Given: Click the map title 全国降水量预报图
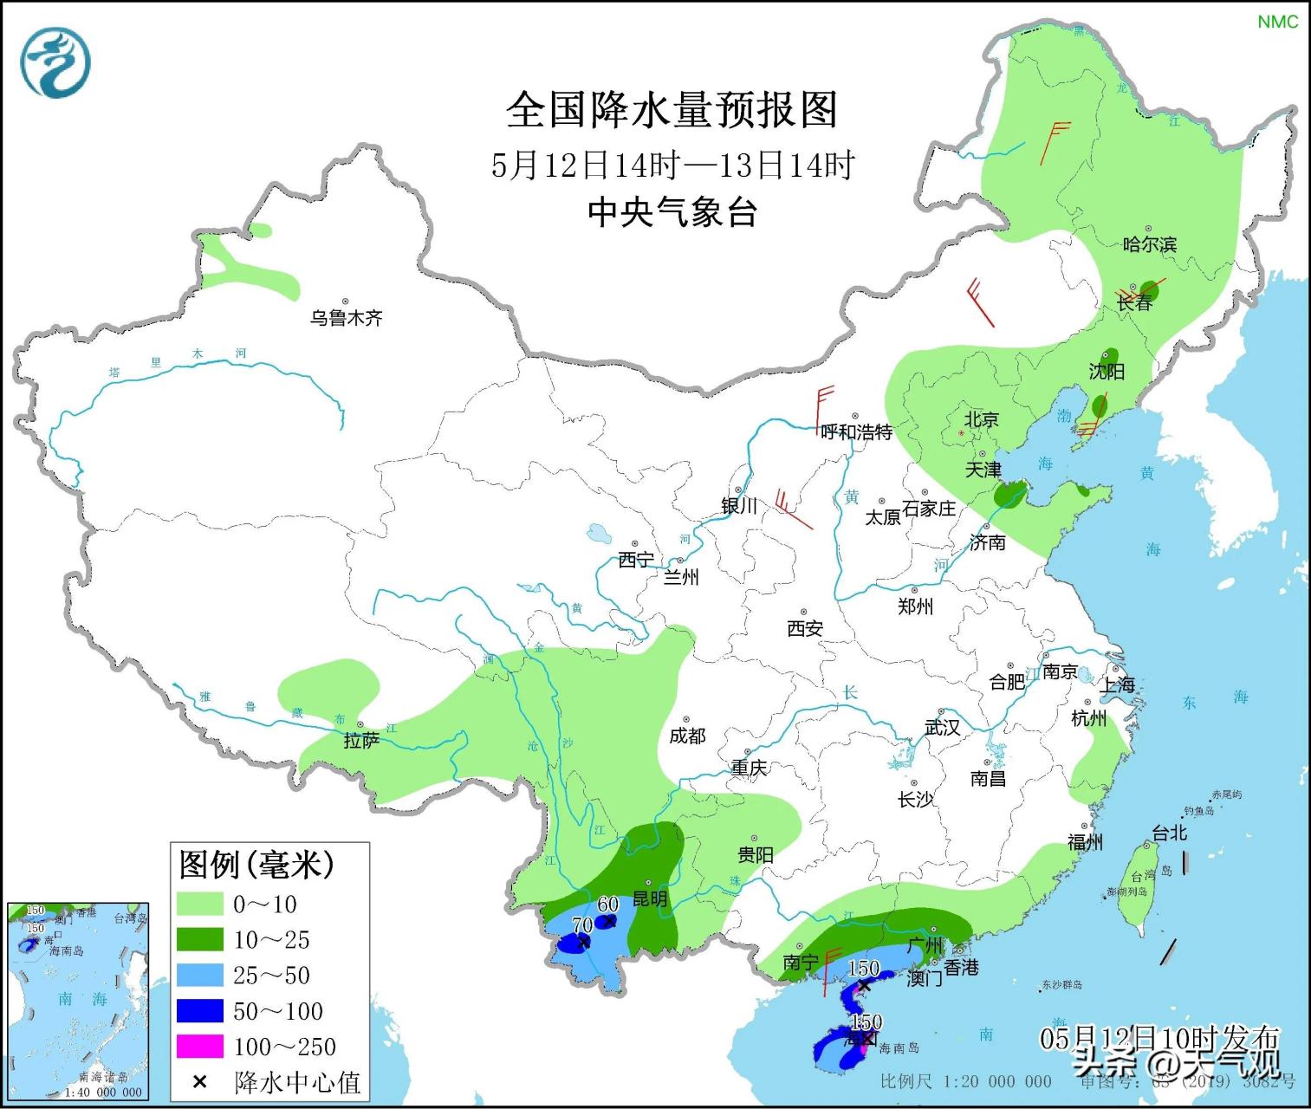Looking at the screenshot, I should (672, 110).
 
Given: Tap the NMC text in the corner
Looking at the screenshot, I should (1277, 22).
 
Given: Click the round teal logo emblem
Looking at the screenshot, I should (56, 62).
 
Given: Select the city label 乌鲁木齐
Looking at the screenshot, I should (346, 318).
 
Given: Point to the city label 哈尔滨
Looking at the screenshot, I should (1149, 244).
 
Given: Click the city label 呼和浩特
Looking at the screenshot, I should (856, 431).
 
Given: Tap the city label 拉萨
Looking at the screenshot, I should (360, 741).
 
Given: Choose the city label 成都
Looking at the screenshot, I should (687, 736).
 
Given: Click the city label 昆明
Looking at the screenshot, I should (649, 898).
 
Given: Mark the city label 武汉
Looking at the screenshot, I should (942, 728).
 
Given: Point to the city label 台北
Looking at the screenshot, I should (1169, 833).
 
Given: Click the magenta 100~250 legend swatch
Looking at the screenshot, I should (199, 1047).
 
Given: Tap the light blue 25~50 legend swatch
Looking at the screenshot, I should (199, 976).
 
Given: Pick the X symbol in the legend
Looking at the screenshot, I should (199, 1082).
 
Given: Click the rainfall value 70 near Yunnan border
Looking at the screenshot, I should (581, 926).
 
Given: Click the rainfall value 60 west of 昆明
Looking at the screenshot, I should (607, 905).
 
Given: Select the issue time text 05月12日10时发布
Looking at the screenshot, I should (1158, 1037).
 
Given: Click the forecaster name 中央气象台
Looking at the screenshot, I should (672, 212).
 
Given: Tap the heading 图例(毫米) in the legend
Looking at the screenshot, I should (256, 864).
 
